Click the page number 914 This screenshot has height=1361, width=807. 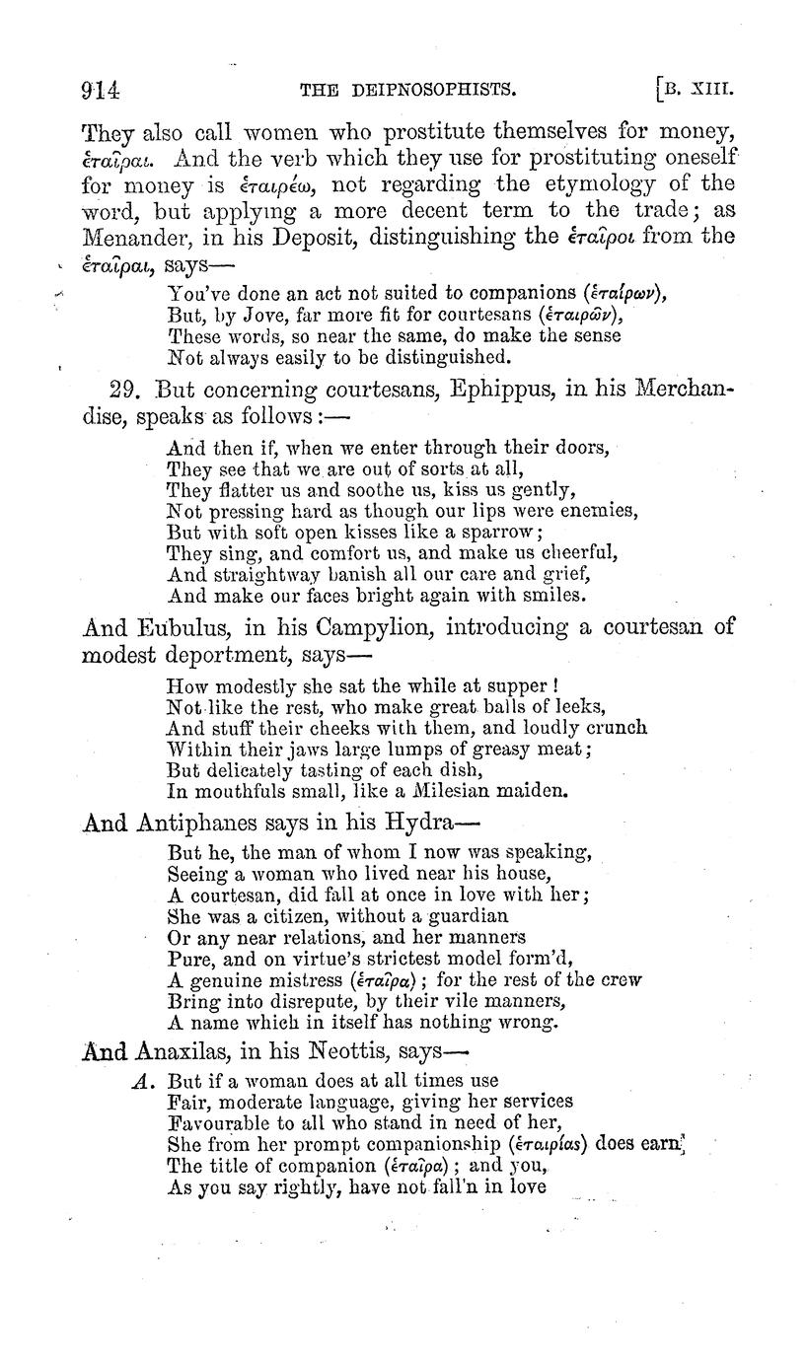click(x=101, y=91)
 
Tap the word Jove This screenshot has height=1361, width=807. click(x=253, y=315)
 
